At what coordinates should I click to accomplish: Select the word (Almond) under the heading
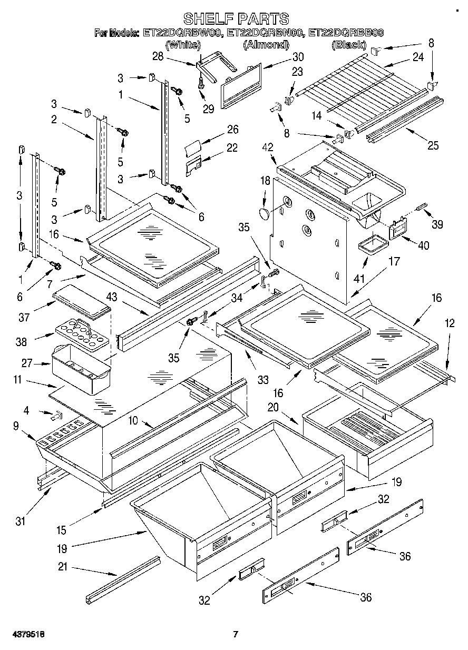point(266,45)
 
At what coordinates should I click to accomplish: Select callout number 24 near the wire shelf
point(417,58)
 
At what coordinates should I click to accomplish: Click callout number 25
point(433,146)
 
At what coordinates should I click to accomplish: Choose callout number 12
point(449,324)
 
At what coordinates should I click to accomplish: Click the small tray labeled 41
point(370,246)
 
